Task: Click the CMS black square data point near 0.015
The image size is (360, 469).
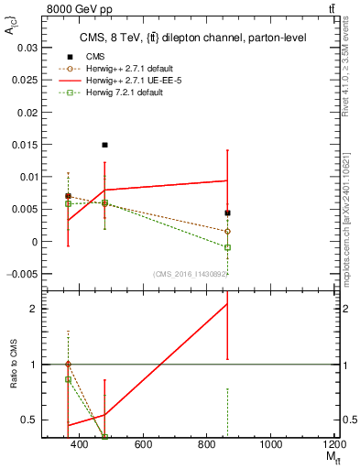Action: pos(105,145)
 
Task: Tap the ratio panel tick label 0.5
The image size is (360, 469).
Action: pos(32,420)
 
